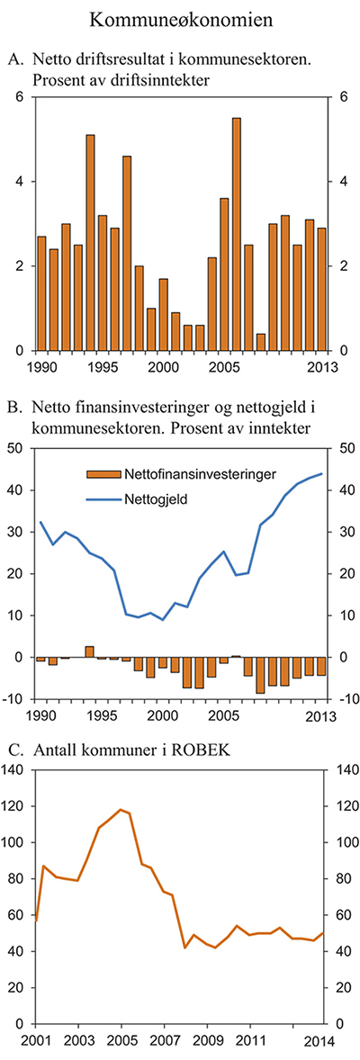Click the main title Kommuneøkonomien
point(180,18)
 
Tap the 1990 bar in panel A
point(41,293)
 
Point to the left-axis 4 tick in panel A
point(20,182)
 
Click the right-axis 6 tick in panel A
point(341,97)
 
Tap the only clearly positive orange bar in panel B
point(90,651)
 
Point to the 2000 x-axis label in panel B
point(162,715)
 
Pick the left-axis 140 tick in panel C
point(14,769)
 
